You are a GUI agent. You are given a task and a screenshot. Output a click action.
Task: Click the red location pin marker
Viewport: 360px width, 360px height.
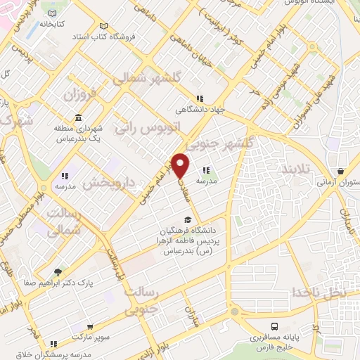click(181, 166)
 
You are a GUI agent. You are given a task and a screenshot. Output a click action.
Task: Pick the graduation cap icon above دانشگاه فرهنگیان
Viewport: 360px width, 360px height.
click(186, 220)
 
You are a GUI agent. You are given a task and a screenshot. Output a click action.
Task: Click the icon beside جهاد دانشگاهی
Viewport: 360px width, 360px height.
click(200, 98)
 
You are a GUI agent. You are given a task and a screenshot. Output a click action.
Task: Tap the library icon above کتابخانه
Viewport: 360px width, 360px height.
click(52, 13)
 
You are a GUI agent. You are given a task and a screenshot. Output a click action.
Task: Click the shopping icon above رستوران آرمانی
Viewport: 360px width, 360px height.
click(341, 171)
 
